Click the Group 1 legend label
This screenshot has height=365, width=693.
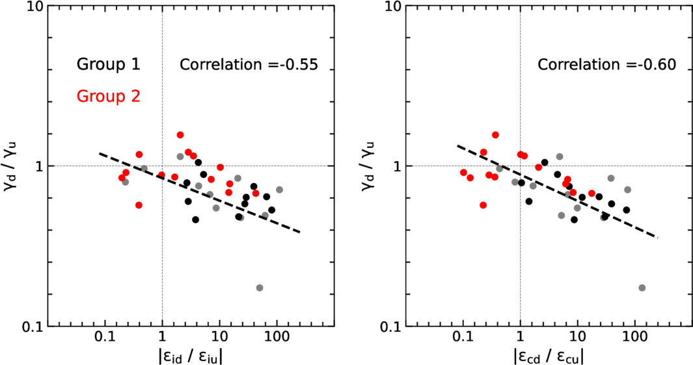click(x=108, y=64)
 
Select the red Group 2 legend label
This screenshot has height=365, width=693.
click(x=108, y=96)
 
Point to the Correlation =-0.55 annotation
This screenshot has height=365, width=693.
click(x=248, y=65)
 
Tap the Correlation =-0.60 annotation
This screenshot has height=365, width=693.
click(x=606, y=65)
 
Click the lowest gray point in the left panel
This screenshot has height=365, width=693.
click(x=260, y=287)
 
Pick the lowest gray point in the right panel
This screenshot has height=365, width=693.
click(x=642, y=287)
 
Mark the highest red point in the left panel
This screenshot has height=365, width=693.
click(x=180, y=135)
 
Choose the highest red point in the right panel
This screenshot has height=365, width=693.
click(x=495, y=135)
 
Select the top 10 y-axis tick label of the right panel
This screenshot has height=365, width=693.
click(x=393, y=8)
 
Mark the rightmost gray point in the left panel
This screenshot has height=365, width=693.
click(x=279, y=190)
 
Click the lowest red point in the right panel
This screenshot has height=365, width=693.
click(x=483, y=205)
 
